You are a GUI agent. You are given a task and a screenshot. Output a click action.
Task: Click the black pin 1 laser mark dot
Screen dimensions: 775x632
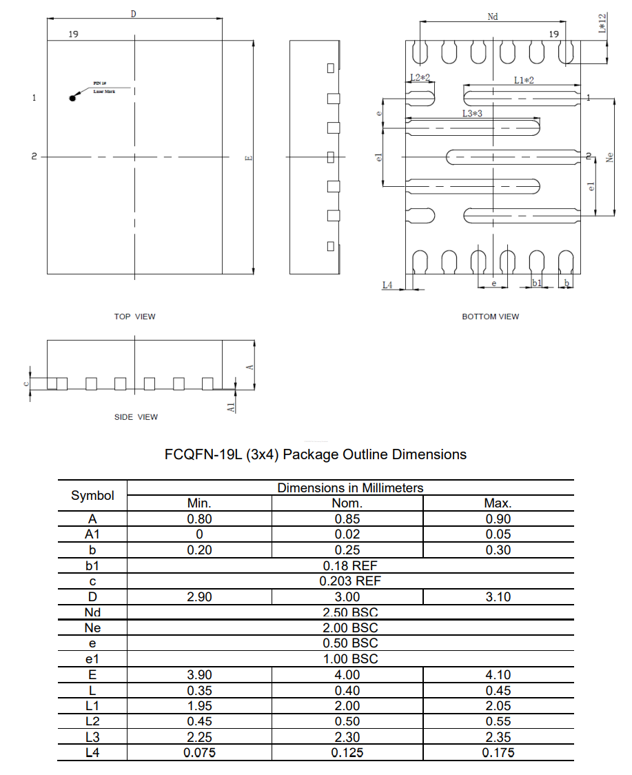(x=72, y=98)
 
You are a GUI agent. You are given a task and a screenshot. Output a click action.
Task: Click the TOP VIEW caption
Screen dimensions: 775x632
(x=135, y=316)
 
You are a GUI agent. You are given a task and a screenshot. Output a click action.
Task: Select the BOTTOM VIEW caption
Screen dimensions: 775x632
(x=490, y=316)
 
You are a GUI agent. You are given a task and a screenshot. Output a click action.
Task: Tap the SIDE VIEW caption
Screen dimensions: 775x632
(x=136, y=417)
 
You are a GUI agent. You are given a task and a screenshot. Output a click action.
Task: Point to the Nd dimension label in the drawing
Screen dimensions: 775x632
(x=492, y=17)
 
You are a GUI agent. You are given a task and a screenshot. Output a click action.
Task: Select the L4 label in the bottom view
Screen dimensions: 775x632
(x=387, y=284)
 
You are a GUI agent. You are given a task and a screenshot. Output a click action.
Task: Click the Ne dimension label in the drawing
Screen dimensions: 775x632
(x=609, y=158)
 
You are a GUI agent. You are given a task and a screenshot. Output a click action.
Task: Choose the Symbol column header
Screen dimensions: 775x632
(x=92, y=496)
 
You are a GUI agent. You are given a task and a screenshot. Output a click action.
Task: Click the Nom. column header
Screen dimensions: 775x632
(x=347, y=503)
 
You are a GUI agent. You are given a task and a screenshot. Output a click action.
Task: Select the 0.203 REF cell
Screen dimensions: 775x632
(x=350, y=581)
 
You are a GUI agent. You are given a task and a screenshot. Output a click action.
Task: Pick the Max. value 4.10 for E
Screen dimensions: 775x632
(x=498, y=675)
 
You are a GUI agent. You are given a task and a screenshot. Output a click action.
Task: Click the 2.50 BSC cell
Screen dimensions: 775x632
(x=350, y=612)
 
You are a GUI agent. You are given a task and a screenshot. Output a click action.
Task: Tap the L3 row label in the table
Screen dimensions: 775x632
(x=92, y=737)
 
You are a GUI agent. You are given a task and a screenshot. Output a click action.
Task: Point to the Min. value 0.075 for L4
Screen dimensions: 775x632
(x=199, y=753)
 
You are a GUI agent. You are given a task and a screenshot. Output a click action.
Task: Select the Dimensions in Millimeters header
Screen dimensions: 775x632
(x=350, y=488)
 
